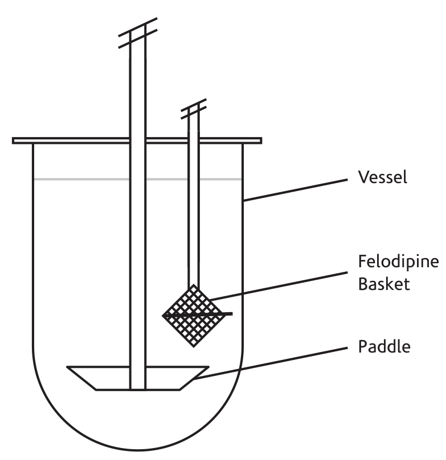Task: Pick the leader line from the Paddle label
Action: click(x=273, y=363)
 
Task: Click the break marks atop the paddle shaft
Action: click(x=137, y=33)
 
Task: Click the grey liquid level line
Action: click(x=80, y=179)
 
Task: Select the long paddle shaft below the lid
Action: click(x=137, y=256)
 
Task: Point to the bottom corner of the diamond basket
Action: click(x=195, y=345)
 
